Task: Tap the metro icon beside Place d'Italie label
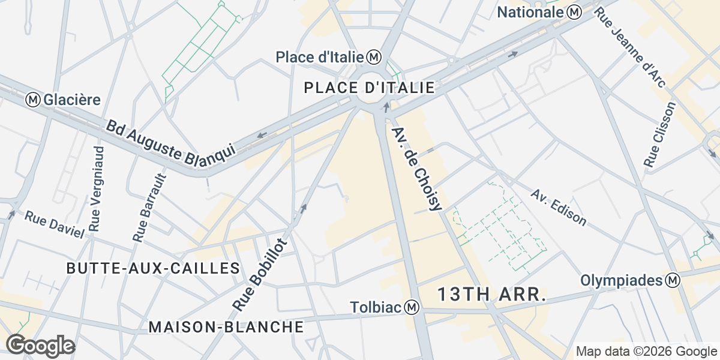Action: click(374, 57)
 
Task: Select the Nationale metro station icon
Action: click(575, 11)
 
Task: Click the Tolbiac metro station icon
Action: click(412, 307)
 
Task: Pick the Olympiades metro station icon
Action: click(674, 280)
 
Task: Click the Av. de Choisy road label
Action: click(416, 169)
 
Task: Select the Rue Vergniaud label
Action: click(97, 188)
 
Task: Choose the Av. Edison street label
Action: click(559, 207)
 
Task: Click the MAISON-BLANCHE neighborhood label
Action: click(226, 327)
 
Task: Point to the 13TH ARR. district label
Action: click(491, 295)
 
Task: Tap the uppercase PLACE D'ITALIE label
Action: click(369, 88)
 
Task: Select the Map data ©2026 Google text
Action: click(646, 351)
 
